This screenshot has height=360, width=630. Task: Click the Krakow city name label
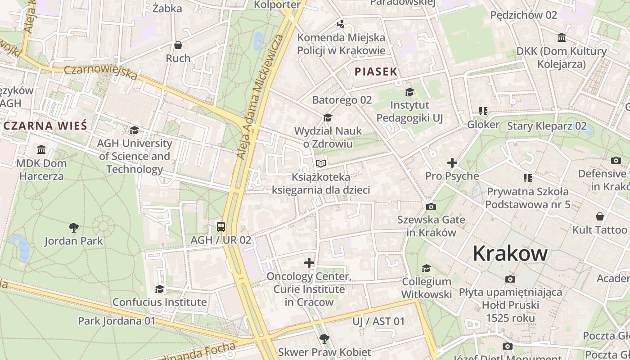coord(510,254)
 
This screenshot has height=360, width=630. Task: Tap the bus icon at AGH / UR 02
coord(221,226)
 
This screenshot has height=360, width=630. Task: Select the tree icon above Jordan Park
coord(74,228)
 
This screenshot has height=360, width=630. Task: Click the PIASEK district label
coord(376,72)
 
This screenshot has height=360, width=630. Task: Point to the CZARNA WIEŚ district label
coord(45,126)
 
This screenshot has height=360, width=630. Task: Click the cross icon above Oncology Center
coord(309,263)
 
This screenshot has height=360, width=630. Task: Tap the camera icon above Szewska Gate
coord(431,207)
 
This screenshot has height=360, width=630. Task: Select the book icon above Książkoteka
coord(320,164)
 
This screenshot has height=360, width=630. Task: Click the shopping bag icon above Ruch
coord(178,45)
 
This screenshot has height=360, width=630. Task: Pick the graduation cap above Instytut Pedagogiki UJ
coord(409,92)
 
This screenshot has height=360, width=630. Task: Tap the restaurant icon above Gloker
coord(483,111)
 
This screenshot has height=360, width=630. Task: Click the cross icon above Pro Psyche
coord(452,163)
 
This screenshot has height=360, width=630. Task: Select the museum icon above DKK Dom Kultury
coord(562,38)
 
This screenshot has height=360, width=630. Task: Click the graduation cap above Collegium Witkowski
coord(426,269)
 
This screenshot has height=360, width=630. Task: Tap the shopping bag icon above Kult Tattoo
coord(599,217)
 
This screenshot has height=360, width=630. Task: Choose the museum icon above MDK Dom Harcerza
coord(41,149)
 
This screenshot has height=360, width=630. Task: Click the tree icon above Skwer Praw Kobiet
coord(324,339)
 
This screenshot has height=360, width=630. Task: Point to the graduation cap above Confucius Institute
coord(159,288)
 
